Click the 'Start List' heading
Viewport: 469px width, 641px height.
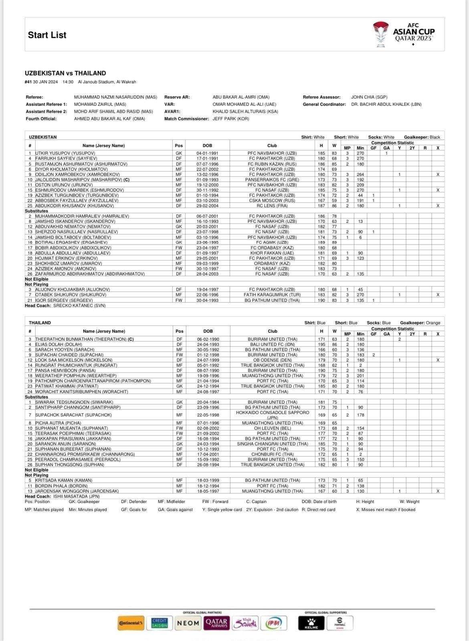pyautogui.click(x=47, y=35)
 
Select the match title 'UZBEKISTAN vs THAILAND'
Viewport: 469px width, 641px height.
pyautogui.click(x=65, y=73)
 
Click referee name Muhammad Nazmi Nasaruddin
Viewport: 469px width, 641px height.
pyautogui.click(x=115, y=97)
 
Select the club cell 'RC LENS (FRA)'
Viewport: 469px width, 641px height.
pyautogui.click(x=272, y=206)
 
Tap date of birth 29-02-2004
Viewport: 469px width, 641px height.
pyautogui.click(x=207, y=206)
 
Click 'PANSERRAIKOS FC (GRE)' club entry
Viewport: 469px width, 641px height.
pyautogui.click(x=272, y=180)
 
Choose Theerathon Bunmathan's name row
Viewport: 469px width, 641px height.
pyautogui.click(x=84, y=339)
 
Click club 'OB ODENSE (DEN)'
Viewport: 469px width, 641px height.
pyautogui.click(x=272, y=360)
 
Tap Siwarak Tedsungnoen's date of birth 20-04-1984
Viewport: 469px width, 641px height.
pyautogui.click(x=208, y=402)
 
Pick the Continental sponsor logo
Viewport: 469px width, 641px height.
pyautogui.click(x=131, y=623)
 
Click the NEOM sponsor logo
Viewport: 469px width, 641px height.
pyautogui.click(x=188, y=623)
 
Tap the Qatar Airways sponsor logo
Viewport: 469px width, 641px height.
pyautogui.click(x=216, y=623)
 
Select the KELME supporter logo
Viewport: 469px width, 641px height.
pyautogui.click(x=311, y=623)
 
